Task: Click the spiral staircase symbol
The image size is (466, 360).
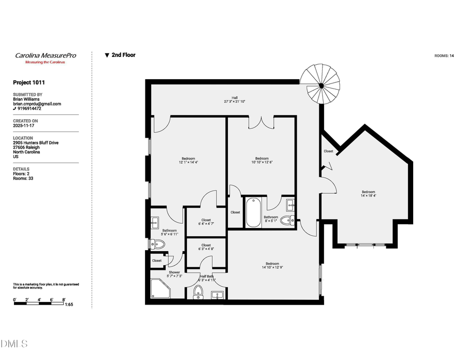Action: click(321, 84)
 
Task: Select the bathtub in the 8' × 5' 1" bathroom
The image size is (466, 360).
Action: click(253, 213)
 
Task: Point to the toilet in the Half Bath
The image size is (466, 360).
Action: click(198, 293)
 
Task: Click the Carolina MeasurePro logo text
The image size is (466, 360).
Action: click(45, 55)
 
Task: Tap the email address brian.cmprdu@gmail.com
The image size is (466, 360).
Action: click(37, 104)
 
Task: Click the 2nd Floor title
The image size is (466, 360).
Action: click(123, 55)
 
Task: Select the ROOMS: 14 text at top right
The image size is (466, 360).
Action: click(444, 55)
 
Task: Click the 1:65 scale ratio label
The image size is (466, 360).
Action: click(69, 305)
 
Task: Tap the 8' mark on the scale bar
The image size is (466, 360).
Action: click(64, 299)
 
